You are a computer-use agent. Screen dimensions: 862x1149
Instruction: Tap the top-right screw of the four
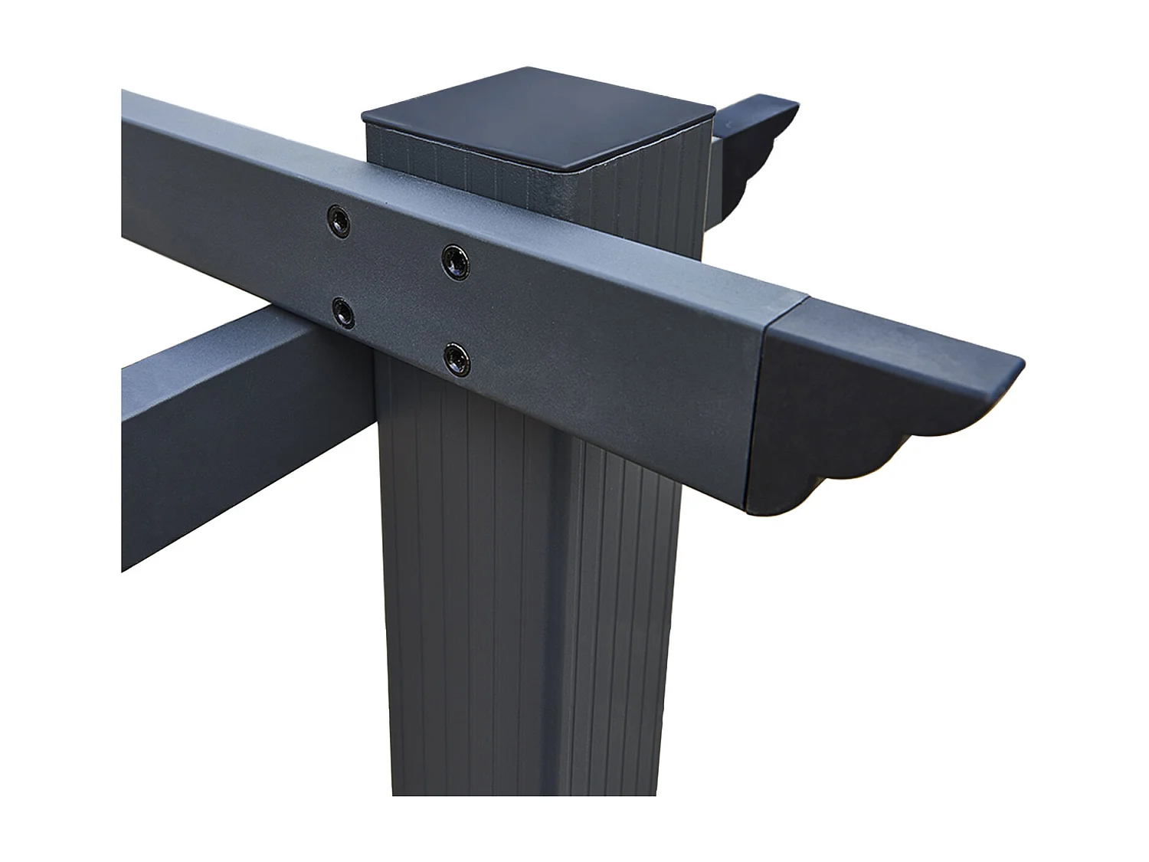(456, 261)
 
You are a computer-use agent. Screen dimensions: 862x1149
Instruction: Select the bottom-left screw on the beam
(342, 310)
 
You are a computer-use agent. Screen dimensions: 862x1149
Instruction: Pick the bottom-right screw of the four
(457, 356)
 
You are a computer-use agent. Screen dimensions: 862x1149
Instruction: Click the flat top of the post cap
(536, 115)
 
